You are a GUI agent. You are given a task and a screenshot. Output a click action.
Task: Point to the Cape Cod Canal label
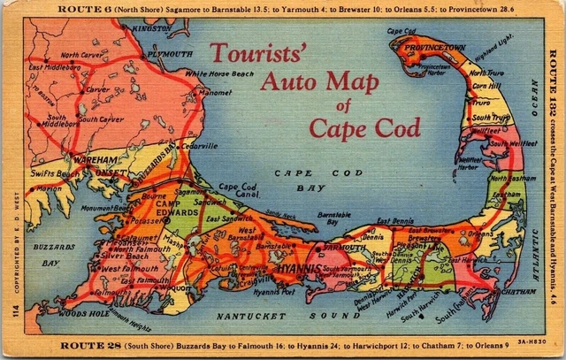pos(238,191)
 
